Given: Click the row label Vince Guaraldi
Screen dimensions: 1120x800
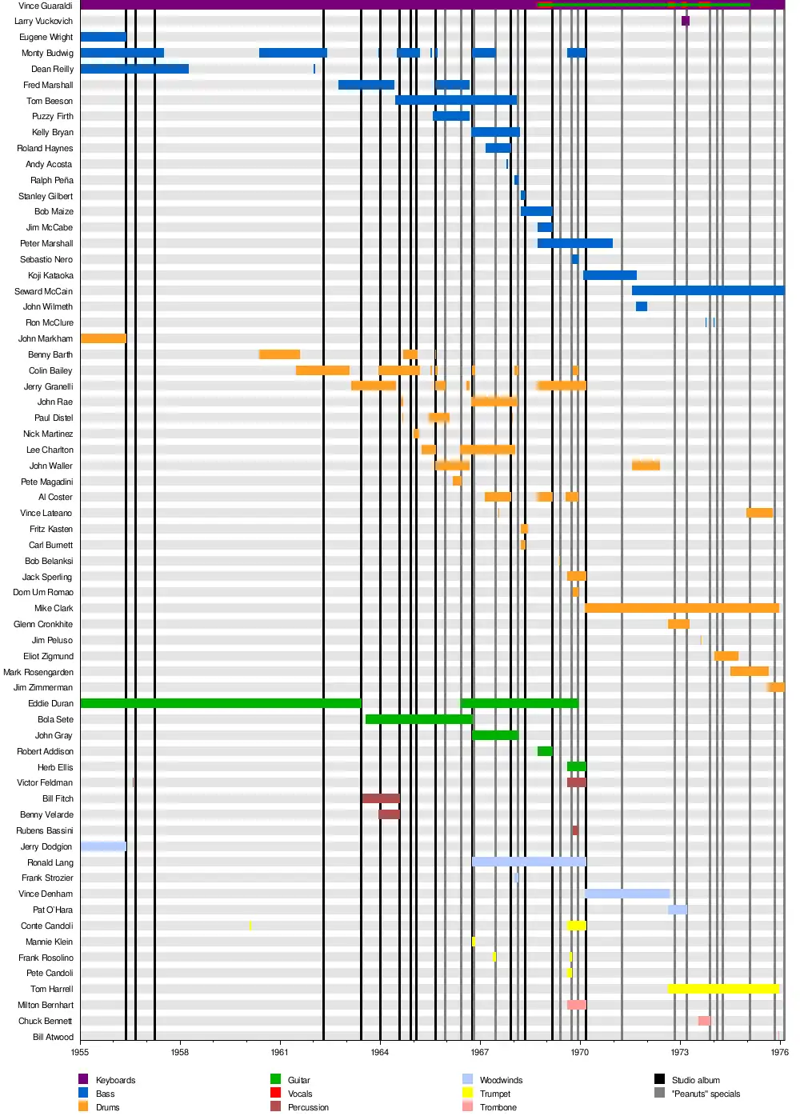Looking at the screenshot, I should (45, 6).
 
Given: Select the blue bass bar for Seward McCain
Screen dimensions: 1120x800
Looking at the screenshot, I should (707, 290).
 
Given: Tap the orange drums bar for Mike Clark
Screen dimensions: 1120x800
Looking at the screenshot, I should (681, 608).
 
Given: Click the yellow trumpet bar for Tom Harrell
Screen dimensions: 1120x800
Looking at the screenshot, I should (722, 989).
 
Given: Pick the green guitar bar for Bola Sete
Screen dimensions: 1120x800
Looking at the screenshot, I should (418, 719).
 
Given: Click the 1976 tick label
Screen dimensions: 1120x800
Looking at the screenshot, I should (779, 1052).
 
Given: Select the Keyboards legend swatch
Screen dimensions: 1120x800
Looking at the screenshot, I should (83, 1079).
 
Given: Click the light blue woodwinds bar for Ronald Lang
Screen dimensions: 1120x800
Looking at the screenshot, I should (529, 862).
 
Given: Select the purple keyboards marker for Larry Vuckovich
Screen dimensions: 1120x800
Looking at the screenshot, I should (685, 21).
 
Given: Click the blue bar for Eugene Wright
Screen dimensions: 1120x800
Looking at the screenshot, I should (102, 37).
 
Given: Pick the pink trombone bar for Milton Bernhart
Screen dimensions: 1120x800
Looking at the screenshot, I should (576, 1005).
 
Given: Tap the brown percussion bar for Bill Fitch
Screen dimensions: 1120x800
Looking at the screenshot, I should (380, 798).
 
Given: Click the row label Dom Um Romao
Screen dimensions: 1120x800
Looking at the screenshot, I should (43, 592).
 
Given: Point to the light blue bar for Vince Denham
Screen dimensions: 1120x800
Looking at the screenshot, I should (626, 894).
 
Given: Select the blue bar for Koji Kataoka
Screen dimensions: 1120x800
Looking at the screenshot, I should (610, 275).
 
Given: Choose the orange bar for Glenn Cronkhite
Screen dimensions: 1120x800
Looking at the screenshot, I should (678, 624).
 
